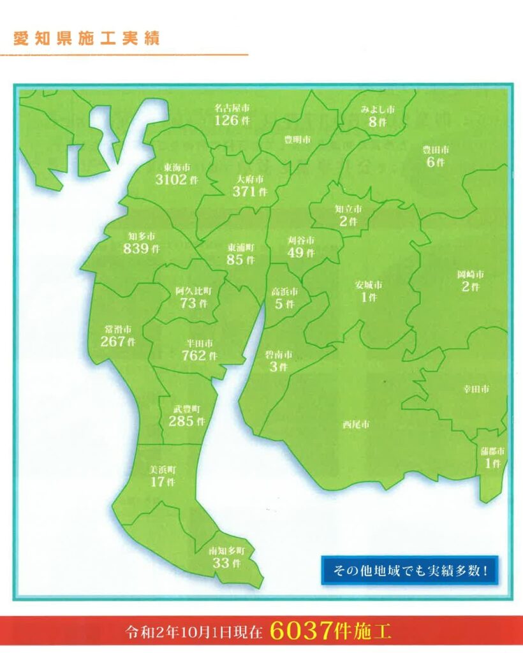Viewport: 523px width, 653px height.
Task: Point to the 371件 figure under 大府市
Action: click(x=249, y=192)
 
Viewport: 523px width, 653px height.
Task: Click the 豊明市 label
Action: click(x=297, y=140)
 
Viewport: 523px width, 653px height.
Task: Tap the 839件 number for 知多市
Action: click(x=142, y=249)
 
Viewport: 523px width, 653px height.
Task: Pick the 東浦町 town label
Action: click(x=240, y=247)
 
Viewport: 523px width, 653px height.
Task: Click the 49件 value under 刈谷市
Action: click(x=300, y=253)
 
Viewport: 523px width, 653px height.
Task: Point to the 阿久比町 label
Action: click(x=194, y=291)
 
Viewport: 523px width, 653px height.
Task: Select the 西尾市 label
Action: click(x=356, y=424)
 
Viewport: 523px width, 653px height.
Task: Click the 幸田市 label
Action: click(x=476, y=388)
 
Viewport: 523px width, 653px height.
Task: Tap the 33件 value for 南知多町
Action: click(x=226, y=563)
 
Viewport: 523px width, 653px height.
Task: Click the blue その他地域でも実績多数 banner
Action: click(x=409, y=568)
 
